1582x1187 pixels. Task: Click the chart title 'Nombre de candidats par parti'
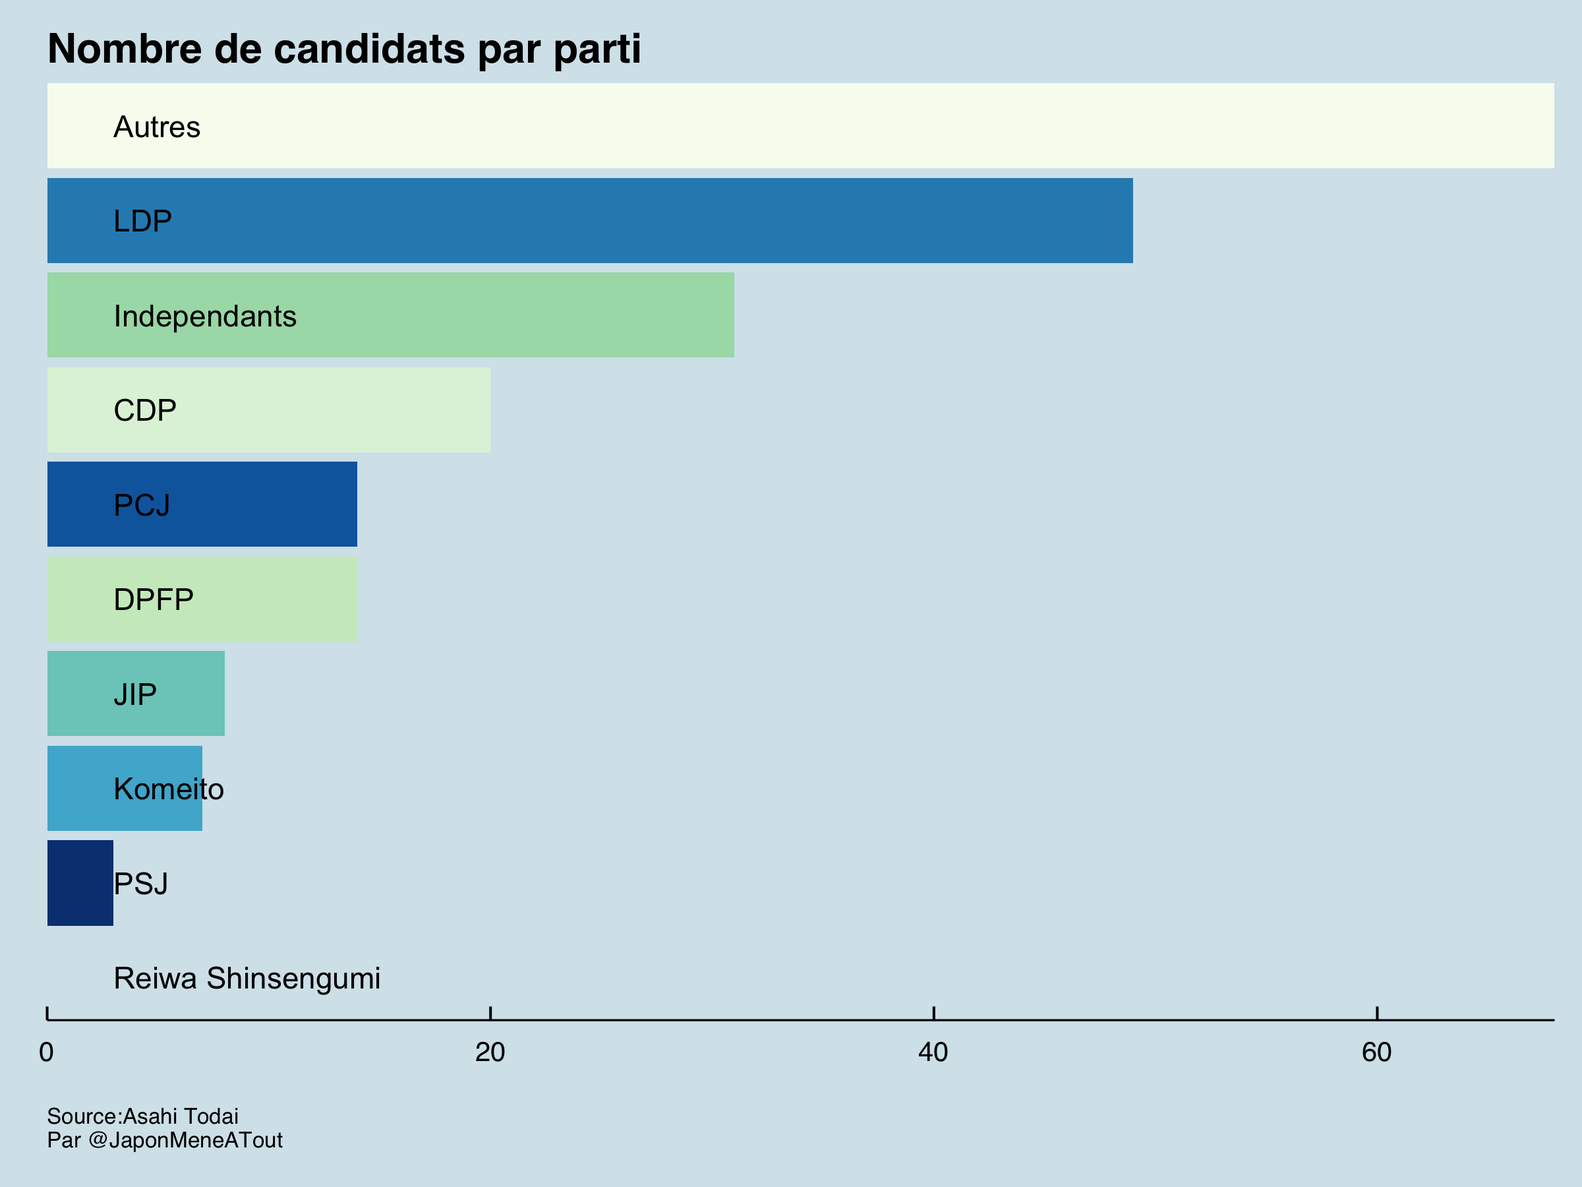pyautogui.click(x=344, y=49)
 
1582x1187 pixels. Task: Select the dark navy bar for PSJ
pyautogui.click(x=79, y=883)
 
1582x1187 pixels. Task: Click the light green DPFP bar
pyautogui.click(x=272, y=599)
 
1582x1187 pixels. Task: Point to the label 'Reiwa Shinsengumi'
pyautogui.click(x=247, y=978)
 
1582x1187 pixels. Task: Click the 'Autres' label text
pyautogui.click(x=157, y=127)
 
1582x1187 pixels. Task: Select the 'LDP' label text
pyautogui.click(x=142, y=221)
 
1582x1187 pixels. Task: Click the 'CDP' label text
pyautogui.click(x=144, y=410)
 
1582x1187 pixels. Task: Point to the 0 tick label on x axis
pyautogui.click(x=47, y=1052)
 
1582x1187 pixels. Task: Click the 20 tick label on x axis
pyautogui.click(x=490, y=1052)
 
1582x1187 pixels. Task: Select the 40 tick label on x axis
pyautogui.click(x=933, y=1052)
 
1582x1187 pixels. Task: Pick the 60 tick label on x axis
pyautogui.click(x=1377, y=1052)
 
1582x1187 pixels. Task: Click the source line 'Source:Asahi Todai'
pyautogui.click(x=142, y=1116)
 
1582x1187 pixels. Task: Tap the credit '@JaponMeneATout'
pyautogui.click(x=185, y=1140)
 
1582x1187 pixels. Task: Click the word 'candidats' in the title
pyautogui.click(x=369, y=49)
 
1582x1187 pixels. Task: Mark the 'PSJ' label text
pyautogui.click(x=141, y=884)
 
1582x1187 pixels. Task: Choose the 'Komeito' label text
pyautogui.click(x=169, y=789)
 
